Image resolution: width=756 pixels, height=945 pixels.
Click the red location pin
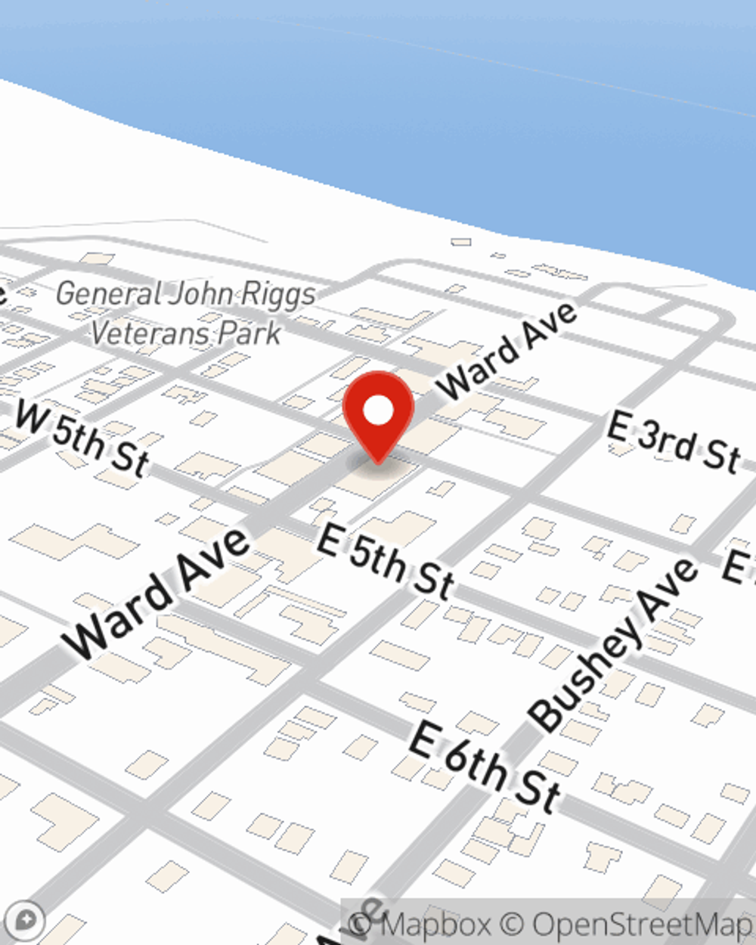pos(378,413)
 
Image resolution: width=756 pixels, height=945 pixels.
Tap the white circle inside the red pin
pos(378,411)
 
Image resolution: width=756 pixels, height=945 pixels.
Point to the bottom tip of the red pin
pos(378,461)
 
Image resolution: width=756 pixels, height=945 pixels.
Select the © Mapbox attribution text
pos(423,924)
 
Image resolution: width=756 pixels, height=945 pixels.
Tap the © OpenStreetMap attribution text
pos(631,924)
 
